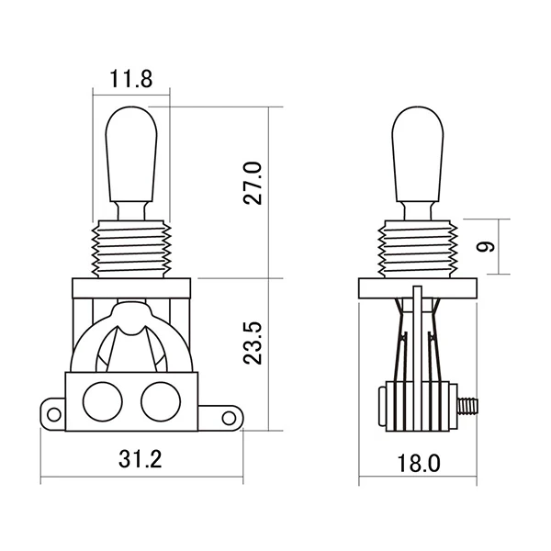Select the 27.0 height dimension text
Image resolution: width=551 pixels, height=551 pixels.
tap(254, 183)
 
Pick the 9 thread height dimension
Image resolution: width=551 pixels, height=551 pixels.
tap(487, 246)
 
